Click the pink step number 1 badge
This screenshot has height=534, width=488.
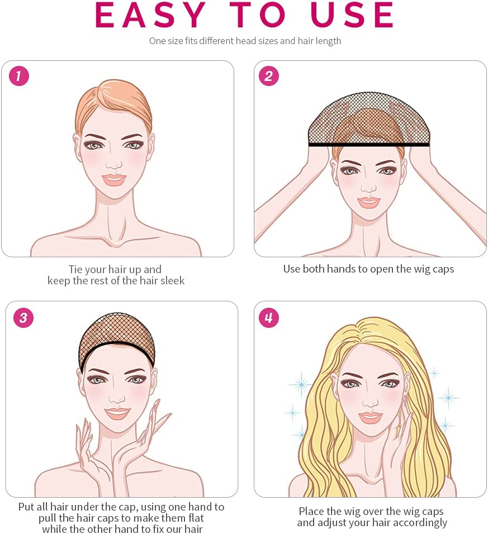[19, 76]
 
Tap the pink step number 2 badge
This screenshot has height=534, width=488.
[268, 76]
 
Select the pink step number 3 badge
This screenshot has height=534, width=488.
[23, 318]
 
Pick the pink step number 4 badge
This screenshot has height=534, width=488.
[268, 318]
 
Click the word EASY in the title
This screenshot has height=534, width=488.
[150, 15]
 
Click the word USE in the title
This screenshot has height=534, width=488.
[352, 15]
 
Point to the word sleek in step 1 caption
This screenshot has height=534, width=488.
[172, 280]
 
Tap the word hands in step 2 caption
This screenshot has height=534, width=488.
[341, 269]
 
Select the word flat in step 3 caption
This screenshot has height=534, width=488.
[196, 518]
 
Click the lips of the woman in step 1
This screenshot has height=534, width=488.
[114, 179]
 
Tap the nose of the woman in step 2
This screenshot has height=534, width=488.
[369, 187]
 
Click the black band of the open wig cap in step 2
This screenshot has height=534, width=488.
[369, 145]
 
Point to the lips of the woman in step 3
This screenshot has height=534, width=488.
[117, 413]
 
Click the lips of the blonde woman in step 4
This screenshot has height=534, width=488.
[369, 417]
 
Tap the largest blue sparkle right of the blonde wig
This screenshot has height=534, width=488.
[448, 398]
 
